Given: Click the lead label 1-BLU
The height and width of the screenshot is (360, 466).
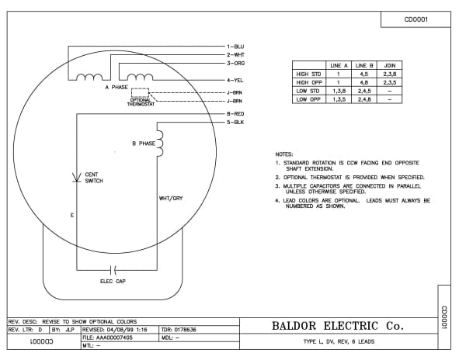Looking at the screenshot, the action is (235, 47).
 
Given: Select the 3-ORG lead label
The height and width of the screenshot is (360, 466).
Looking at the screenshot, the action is (235, 63).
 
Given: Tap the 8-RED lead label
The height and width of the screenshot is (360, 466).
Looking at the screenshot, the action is (235, 114).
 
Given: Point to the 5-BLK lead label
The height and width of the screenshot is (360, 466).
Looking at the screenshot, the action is (235, 123).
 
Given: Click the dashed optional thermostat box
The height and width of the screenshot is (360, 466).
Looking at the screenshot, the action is (140, 92).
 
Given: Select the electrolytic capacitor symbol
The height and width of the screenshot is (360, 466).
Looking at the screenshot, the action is (113, 270).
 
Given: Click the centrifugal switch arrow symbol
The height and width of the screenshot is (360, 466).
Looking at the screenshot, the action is (77, 177).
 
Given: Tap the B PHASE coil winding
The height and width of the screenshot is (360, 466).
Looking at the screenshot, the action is (160, 144).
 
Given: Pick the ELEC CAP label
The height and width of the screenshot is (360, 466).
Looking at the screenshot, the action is (113, 281).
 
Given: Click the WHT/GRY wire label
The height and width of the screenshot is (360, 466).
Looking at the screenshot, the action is (171, 199).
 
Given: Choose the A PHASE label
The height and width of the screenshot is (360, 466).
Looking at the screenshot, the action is (116, 87).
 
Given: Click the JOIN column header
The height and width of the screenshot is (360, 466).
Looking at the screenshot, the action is (390, 66).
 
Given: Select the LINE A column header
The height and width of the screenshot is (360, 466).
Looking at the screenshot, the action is (339, 66).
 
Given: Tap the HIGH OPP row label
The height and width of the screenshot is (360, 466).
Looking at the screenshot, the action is (309, 82).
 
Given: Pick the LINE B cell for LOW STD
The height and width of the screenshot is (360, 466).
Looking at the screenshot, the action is (364, 91).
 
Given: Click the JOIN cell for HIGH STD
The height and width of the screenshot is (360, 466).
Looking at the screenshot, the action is (390, 74).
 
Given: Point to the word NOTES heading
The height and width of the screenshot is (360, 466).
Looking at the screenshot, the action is (284, 154).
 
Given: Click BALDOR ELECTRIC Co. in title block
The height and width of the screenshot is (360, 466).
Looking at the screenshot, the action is (338, 326).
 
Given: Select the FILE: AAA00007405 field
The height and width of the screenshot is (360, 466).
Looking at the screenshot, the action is (108, 337).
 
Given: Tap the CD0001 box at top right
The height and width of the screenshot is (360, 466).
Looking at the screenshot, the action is (416, 19).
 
